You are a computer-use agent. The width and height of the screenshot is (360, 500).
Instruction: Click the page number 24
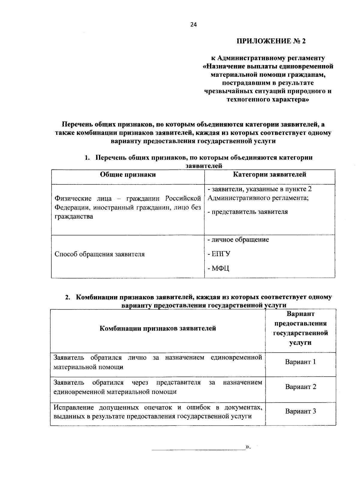coord(193,25)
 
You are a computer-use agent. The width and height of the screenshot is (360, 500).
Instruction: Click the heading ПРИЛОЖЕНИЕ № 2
coord(271,41)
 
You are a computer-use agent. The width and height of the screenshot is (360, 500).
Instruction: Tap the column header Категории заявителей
coord(270,175)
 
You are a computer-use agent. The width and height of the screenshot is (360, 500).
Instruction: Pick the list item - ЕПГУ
coord(219,254)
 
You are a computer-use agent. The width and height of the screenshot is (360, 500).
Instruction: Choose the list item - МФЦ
coord(218,268)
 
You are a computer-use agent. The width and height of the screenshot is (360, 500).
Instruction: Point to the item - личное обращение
coord(238,240)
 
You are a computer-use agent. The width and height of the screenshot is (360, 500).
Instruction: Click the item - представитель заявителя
coord(247,212)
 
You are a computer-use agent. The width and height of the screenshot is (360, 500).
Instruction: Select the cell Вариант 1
coord(300,362)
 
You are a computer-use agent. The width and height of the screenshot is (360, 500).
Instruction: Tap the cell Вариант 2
coord(300,387)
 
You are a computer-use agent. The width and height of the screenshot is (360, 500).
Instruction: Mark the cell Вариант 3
coord(300,411)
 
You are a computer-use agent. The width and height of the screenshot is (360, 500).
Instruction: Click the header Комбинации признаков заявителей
coord(158,329)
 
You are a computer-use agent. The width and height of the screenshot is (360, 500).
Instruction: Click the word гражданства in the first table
coord(73,217)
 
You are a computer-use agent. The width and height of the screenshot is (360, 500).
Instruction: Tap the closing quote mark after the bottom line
coord(247,447)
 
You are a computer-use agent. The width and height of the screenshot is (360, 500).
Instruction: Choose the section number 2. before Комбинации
coord(68,298)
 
